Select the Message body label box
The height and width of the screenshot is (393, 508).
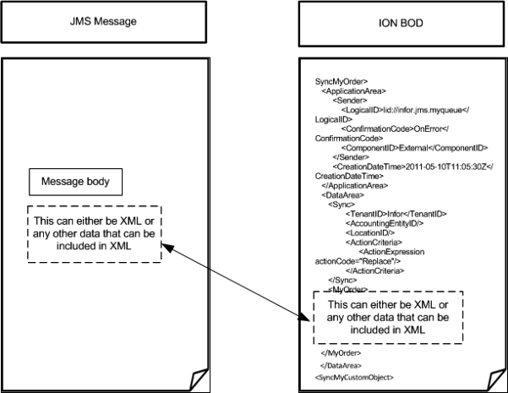coord(77,182)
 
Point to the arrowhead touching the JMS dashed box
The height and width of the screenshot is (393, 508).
coord(166,246)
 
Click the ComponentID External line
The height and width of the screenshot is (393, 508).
coord(394,146)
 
